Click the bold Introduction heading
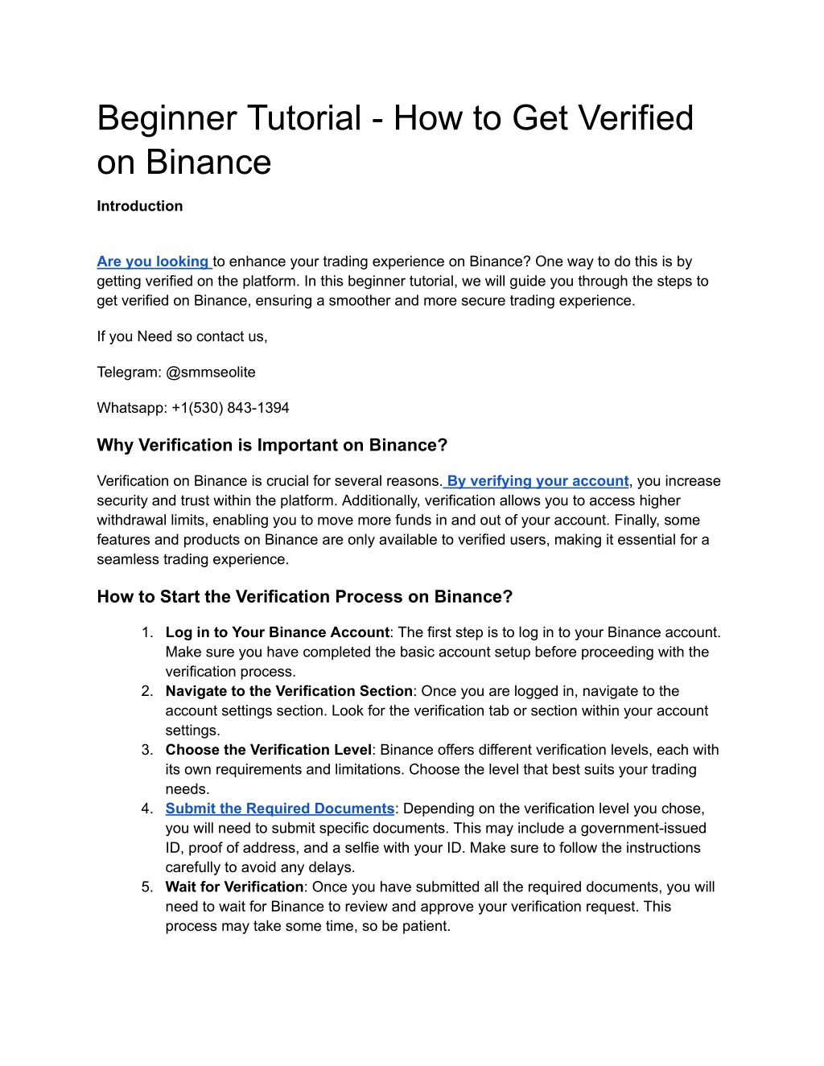pyautogui.click(x=139, y=206)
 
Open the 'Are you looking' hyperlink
pyautogui.click(x=153, y=261)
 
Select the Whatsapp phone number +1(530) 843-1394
pyautogui.click(x=230, y=408)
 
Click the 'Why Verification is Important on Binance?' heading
pyautogui.click(x=272, y=445)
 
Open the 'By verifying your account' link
pyautogui.click(x=537, y=481)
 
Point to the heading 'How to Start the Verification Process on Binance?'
pyautogui.click(x=304, y=596)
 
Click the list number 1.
pyautogui.click(x=146, y=632)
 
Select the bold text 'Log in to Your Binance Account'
pyautogui.click(x=277, y=632)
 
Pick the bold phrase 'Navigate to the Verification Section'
pyautogui.click(x=289, y=691)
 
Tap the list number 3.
pyautogui.click(x=146, y=750)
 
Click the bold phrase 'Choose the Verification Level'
pyautogui.click(x=269, y=750)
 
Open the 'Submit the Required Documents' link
pyautogui.click(x=280, y=809)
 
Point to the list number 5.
pyautogui.click(x=146, y=887)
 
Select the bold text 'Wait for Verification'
pyautogui.click(x=234, y=887)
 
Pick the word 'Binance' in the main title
pyautogui.click(x=208, y=163)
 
